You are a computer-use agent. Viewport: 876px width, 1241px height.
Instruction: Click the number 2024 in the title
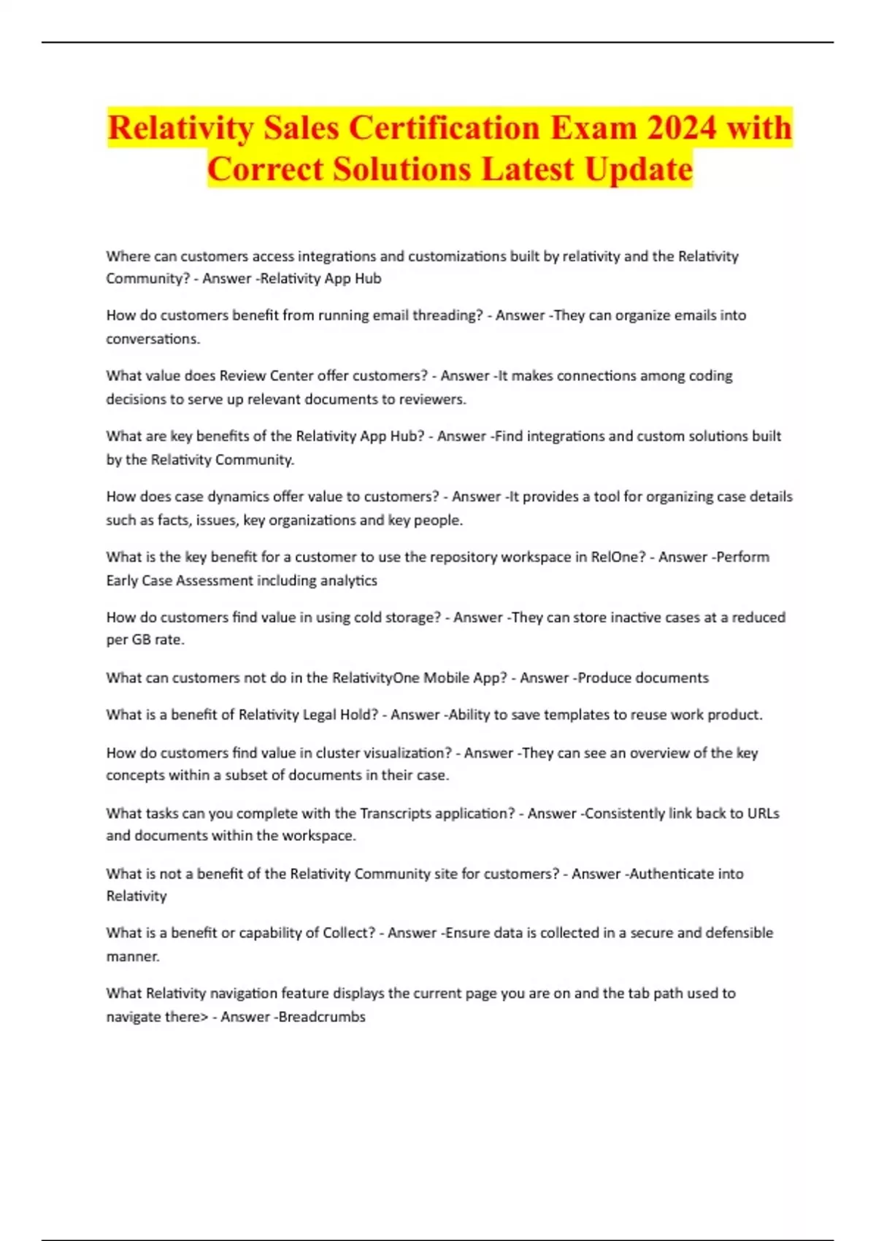682,128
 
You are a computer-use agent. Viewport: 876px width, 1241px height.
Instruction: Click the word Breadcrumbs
322,1017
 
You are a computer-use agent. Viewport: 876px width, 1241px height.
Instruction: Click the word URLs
763,813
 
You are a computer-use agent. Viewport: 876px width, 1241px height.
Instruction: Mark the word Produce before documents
602,677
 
